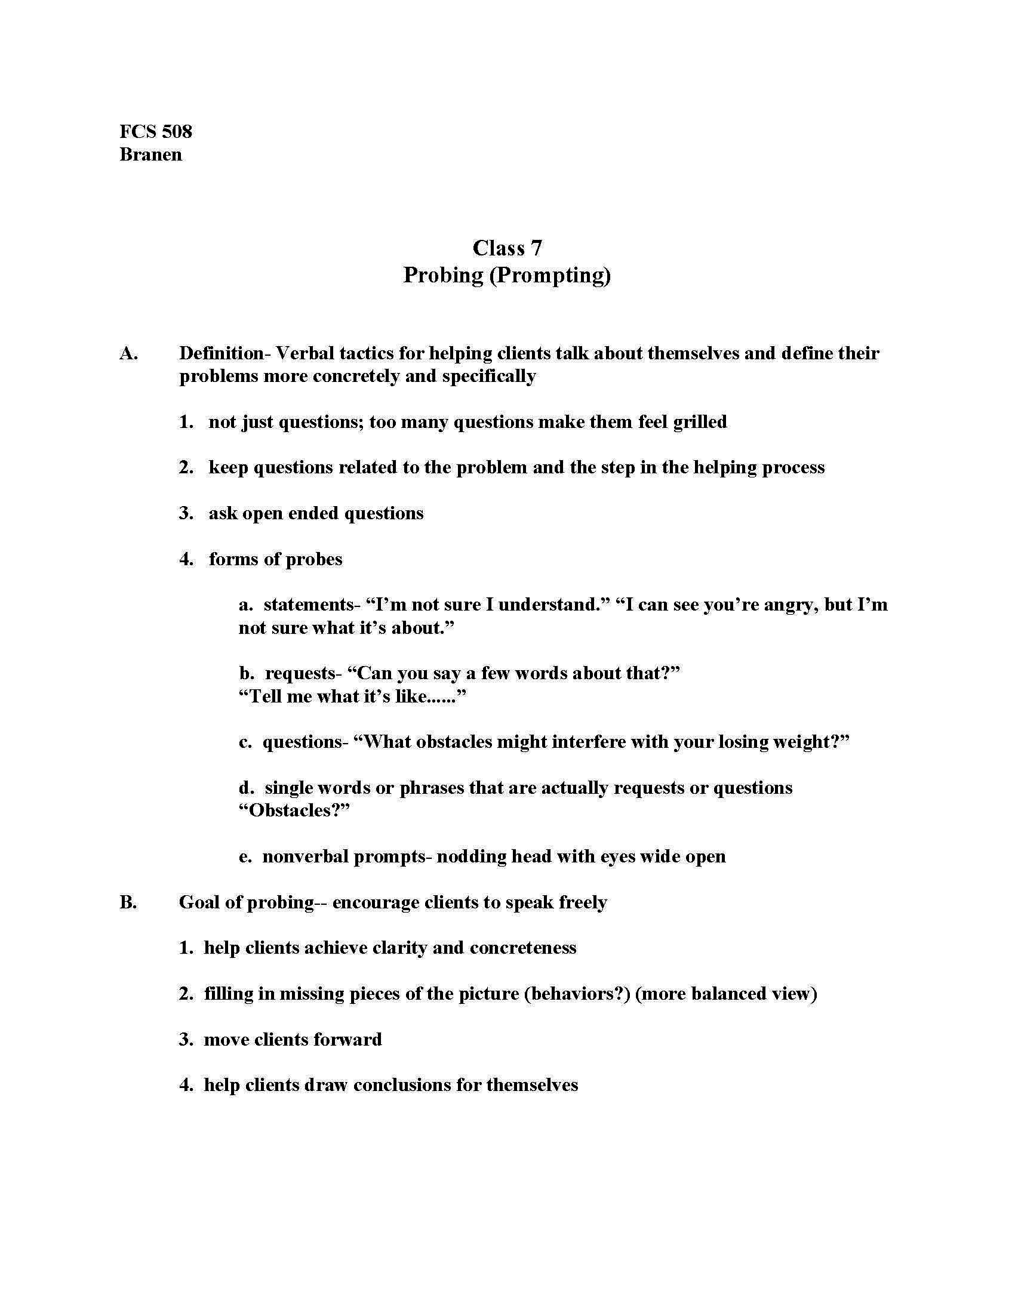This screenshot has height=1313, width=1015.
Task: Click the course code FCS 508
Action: [156, 131]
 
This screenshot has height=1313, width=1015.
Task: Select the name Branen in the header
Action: [150, 155]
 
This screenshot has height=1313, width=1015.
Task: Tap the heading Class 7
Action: [507, 248]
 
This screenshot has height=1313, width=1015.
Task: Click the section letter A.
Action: [129, 353]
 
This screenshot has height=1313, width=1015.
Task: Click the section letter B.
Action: [128, 902]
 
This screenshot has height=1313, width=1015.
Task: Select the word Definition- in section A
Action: [222, 353]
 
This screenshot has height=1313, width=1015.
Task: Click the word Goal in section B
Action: [201, 902]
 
